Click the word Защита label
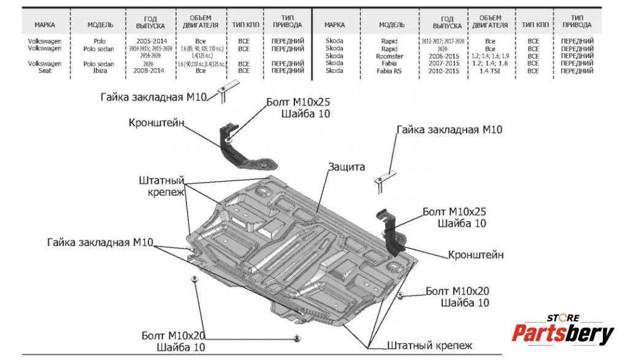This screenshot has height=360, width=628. [347, 167]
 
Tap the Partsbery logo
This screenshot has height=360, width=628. [562, 333]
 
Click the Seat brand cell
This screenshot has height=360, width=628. [44, 71]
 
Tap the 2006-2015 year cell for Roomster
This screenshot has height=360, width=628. [445, 56]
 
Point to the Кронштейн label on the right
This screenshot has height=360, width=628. [476, 254]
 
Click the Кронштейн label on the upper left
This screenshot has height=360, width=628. [156, 123]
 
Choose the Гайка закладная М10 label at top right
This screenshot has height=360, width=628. [449, 130]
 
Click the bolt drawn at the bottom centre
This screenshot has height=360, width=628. [297, 339]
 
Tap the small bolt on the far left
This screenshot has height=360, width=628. [195, 279]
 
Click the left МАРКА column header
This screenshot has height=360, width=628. [44, 25]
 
